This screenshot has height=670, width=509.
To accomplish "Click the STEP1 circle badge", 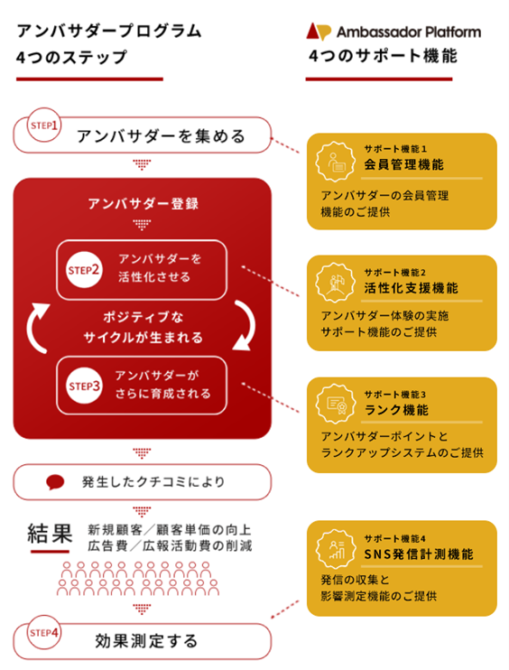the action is point(44,125).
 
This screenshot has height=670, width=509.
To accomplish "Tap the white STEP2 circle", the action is point(84,270).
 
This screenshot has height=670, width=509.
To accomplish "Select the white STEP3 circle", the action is point(84,386).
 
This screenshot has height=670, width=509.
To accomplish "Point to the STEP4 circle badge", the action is point(44,632).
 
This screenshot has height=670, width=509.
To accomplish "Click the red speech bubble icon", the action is point(55,482).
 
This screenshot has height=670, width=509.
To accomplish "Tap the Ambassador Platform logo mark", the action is point(319,32).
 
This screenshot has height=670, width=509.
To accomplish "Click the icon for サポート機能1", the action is point(335,162).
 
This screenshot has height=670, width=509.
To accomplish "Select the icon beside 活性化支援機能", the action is point(335,284).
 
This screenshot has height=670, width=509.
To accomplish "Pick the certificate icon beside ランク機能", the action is point(335,404).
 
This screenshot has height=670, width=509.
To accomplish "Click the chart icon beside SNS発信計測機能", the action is point(335,549).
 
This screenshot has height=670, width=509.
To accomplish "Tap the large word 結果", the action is point(50,534).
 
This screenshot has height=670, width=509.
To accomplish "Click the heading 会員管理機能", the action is point(403,164).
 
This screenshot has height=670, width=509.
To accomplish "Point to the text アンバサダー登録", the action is point(143,203).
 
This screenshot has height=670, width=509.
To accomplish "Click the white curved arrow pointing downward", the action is point(246,325).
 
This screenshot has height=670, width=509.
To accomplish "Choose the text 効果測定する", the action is point(146,641).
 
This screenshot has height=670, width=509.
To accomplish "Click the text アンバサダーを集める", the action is point(161,136).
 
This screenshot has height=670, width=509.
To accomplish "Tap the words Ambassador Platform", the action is point(409,32).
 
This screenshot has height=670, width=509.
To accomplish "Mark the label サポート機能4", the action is point(394,538).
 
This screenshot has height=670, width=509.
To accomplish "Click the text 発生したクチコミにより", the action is point(153,482).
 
